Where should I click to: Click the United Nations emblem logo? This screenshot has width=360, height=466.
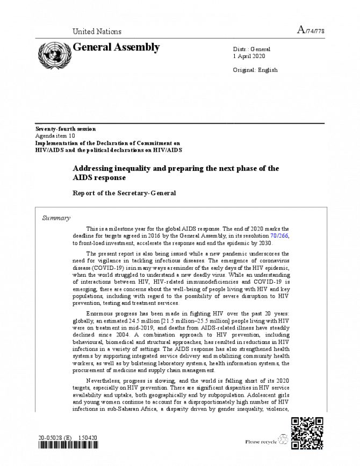(x=52, y=54)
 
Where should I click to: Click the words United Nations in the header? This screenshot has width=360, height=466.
(x=97, y=32)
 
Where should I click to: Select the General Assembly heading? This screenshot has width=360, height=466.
(x=116, y=47)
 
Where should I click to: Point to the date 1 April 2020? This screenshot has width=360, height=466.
(x=249, y=56)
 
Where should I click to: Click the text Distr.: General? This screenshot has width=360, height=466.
(x=251, y=49)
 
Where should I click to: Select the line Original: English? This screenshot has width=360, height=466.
(x=255, y=70)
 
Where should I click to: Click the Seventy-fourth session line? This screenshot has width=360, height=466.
(x=65, y=129)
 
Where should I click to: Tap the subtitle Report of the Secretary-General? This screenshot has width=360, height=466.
(x=125, y=192)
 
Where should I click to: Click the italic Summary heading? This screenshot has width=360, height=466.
(x=56, y=218)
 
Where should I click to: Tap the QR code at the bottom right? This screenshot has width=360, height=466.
(x=307, y=434)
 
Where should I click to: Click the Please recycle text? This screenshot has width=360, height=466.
(x=261, y=442)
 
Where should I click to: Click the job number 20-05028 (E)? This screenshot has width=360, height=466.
(x=57, y=438)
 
